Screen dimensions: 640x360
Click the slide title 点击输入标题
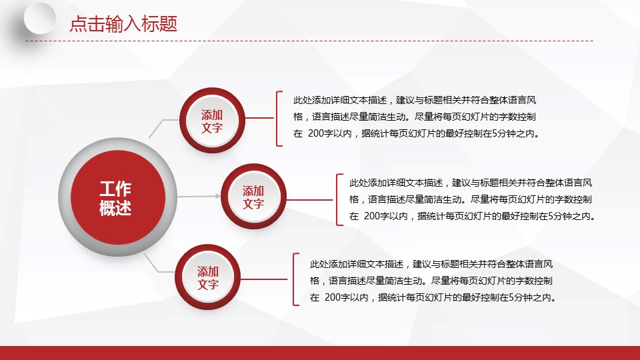tap(123, 24)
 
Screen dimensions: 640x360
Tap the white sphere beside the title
tap(39, 17)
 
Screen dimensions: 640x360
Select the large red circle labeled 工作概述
tap(118, 197)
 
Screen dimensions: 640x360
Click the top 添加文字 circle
tap(212, 121)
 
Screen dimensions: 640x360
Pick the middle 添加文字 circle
tap(253, 196)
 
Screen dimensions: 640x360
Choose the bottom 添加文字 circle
tap(208, 277)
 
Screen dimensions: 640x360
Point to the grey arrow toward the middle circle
tap(199, 196)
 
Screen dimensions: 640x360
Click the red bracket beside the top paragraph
tap(279, 119)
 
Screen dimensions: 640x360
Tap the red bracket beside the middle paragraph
tap(339, 199)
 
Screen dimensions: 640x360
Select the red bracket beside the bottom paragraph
tap(296, 279)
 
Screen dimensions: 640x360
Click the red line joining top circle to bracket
tap(259, 118)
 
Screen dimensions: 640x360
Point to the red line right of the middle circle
tap(310, 200)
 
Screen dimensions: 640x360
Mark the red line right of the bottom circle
tap(265, 279)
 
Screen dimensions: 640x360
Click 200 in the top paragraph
tap(315, 133)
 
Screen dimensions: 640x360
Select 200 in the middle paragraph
tap(371, 216)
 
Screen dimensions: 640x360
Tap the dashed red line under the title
tap(309, 41)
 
